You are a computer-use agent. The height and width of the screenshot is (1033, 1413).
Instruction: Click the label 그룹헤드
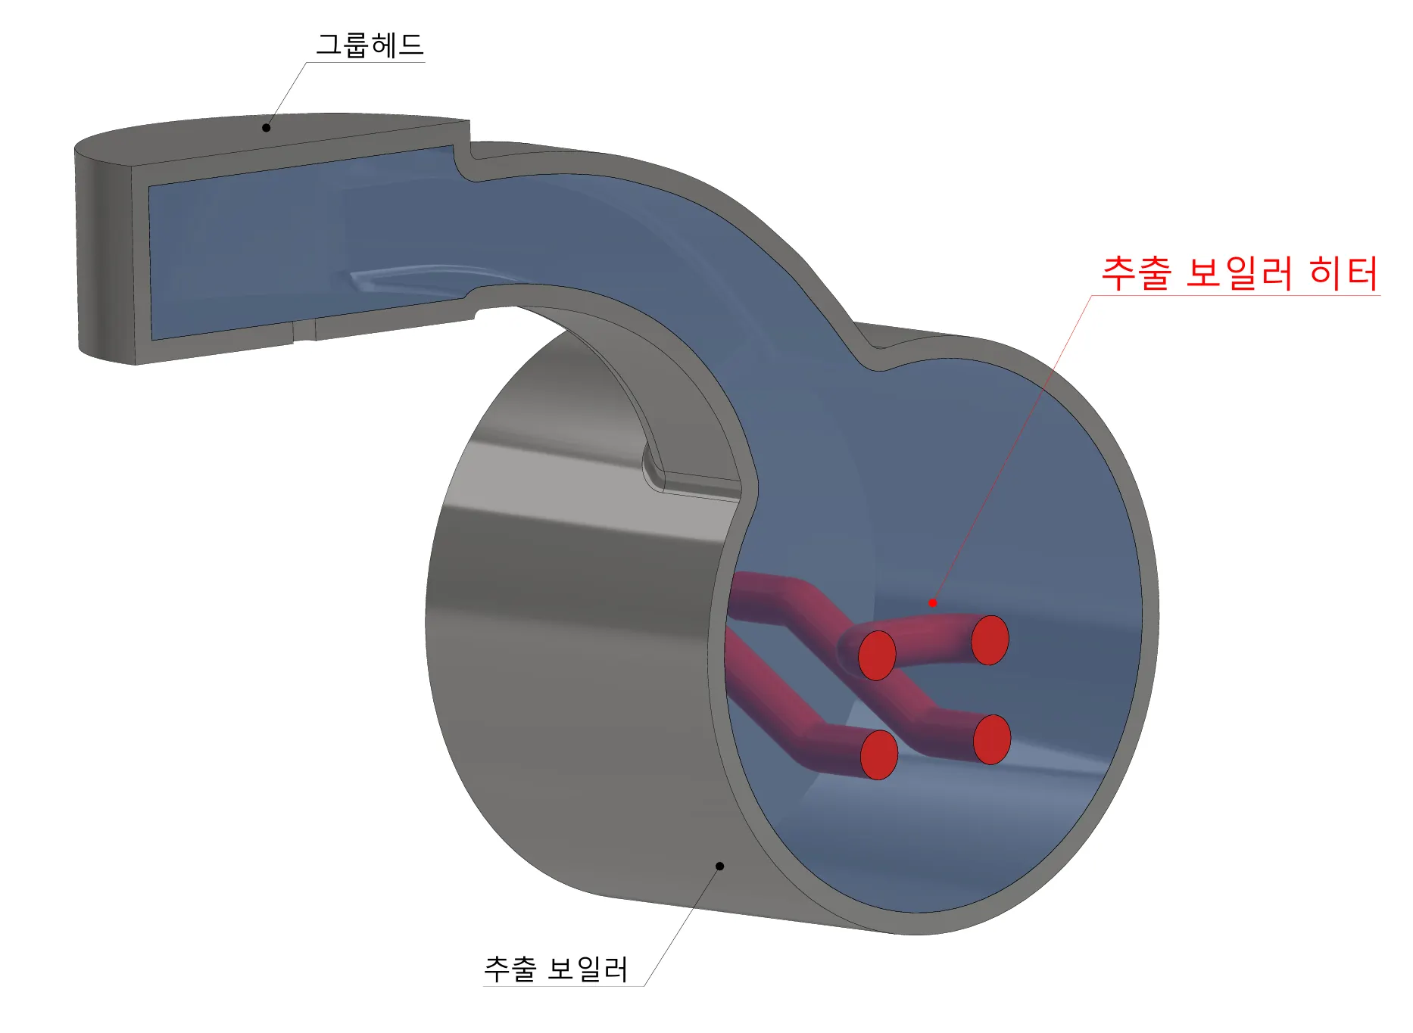pos(370,45)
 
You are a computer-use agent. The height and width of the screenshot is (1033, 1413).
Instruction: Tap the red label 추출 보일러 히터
pos(1239,273)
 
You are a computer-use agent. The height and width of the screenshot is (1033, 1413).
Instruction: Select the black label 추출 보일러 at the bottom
pos(556,969)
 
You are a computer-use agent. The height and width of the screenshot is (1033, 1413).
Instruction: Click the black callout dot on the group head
pos(266,128)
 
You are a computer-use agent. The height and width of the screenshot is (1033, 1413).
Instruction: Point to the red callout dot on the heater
pos(932,602)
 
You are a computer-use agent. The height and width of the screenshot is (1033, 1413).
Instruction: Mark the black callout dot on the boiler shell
pos(719,866)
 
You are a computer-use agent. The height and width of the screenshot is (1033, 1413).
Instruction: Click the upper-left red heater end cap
pos(877,655)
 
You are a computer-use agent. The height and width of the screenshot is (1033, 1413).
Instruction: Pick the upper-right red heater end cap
pos(990,640)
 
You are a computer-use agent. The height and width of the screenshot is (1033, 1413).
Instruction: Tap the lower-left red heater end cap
pos(879,755)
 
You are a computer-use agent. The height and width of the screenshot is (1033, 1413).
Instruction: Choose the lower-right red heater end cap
pos(992,739)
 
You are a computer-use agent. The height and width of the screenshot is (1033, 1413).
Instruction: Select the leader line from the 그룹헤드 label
pos(286,95)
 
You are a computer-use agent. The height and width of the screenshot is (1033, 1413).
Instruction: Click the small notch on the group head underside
pos(304,331)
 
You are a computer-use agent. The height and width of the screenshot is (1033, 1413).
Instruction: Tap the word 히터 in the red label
pos(1343,273)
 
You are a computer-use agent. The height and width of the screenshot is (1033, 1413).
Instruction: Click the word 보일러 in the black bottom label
pos(588,969)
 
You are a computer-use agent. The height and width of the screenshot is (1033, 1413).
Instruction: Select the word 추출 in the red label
pos(1136,273)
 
